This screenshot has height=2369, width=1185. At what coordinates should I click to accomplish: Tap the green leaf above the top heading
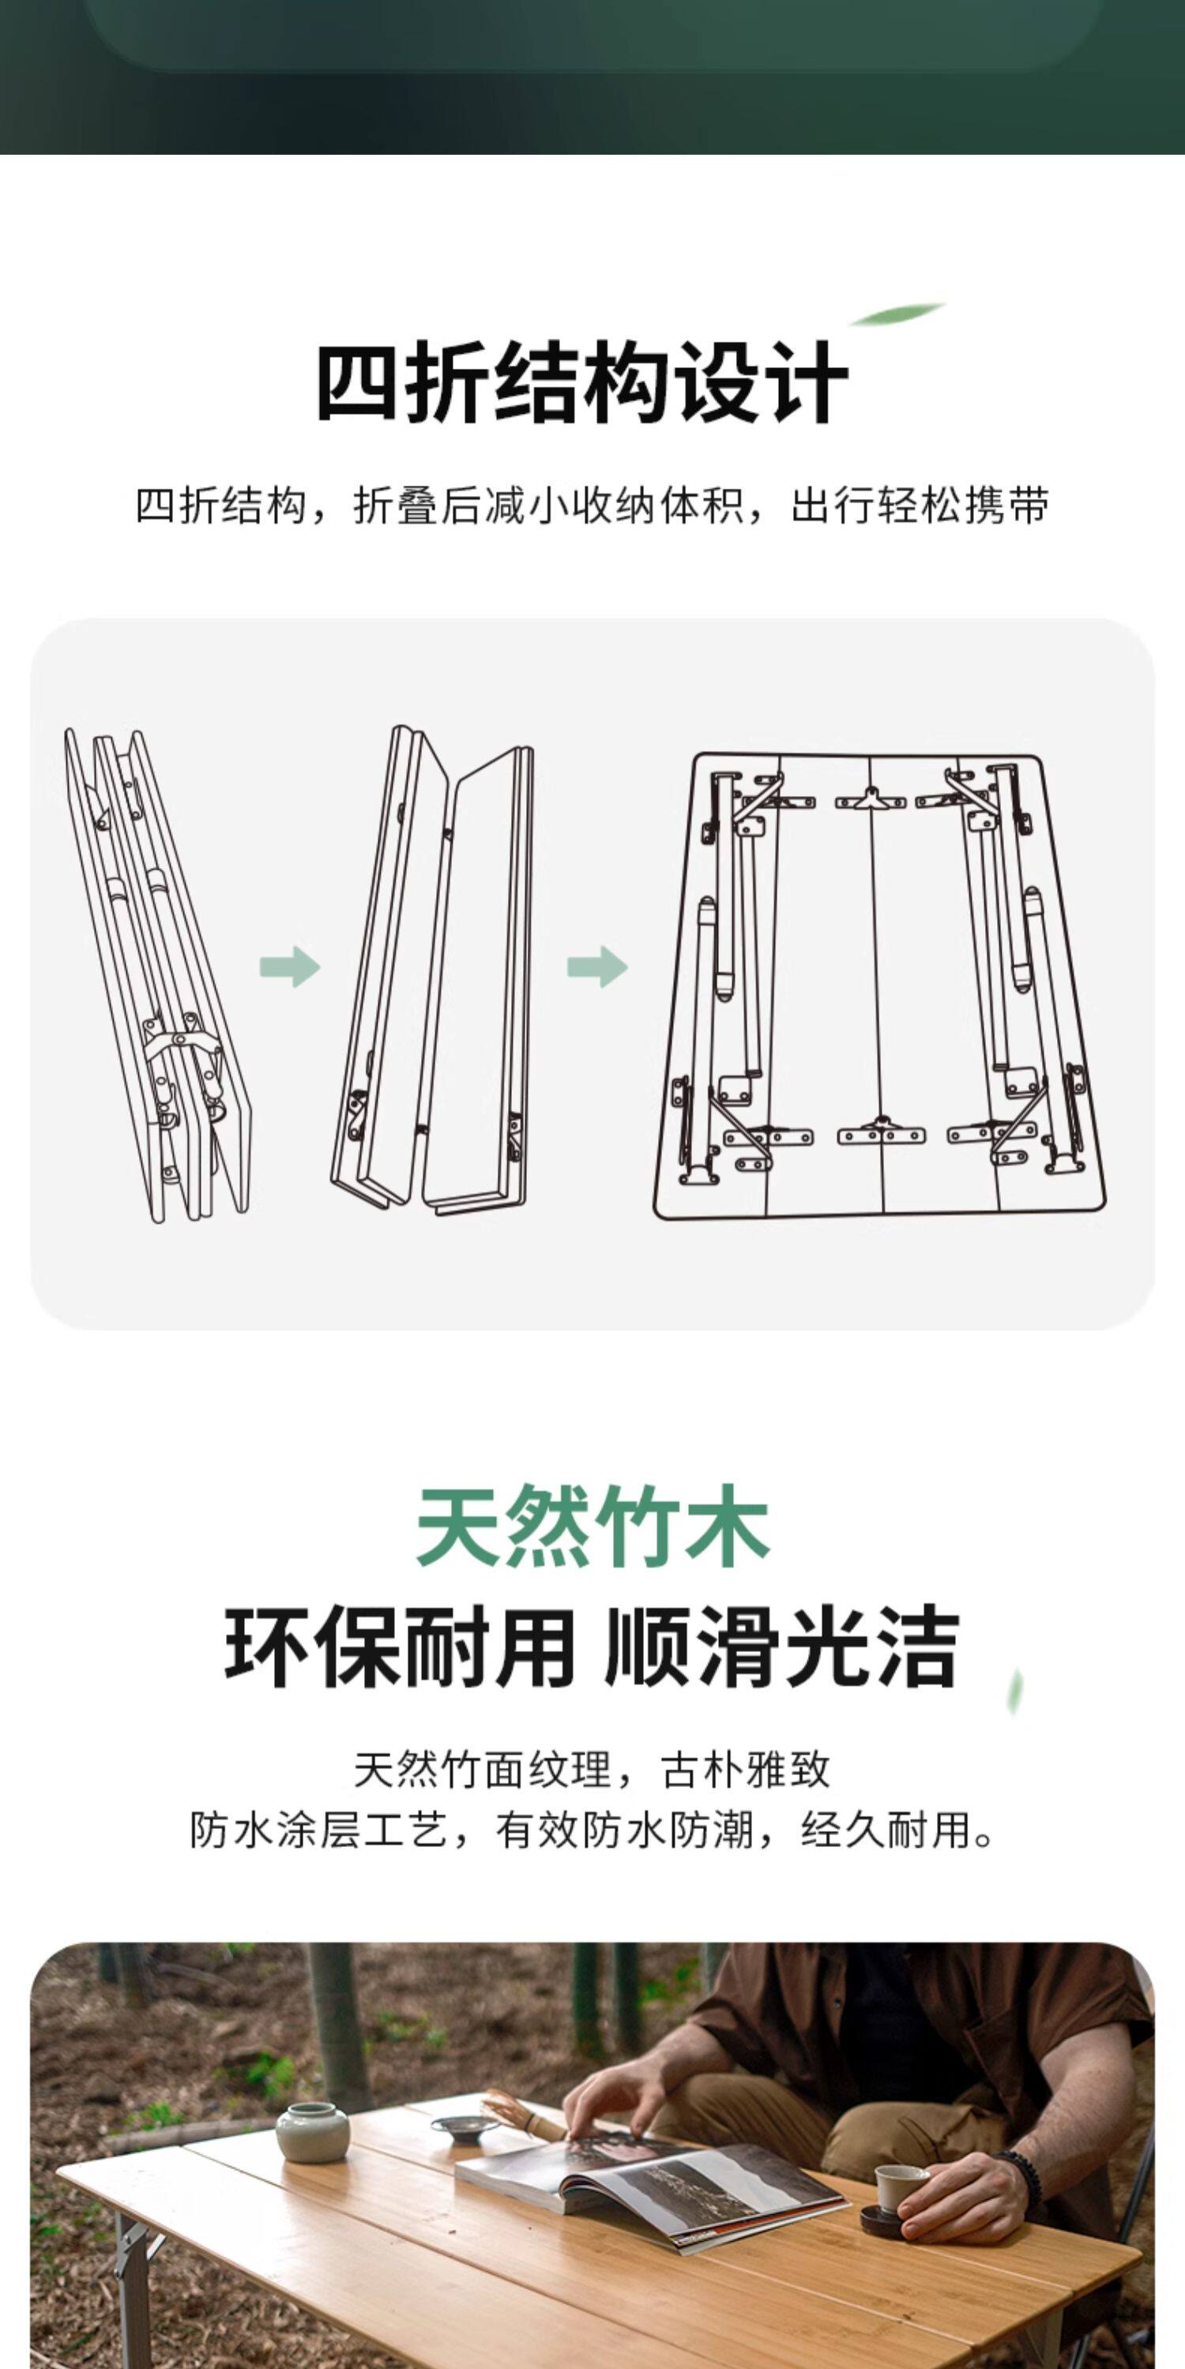[x=896, y=315]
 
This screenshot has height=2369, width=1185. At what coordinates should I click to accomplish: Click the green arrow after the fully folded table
[x=290, y=967]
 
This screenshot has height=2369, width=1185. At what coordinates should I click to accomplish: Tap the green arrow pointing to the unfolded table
[x=597, y=967]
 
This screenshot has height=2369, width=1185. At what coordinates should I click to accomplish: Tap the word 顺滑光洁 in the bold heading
[x=782, y=1647]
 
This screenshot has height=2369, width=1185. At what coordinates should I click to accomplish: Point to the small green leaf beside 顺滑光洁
[x=1016, y=1692]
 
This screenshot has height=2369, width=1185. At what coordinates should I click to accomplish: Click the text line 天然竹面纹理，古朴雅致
[x=592, y=1770]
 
